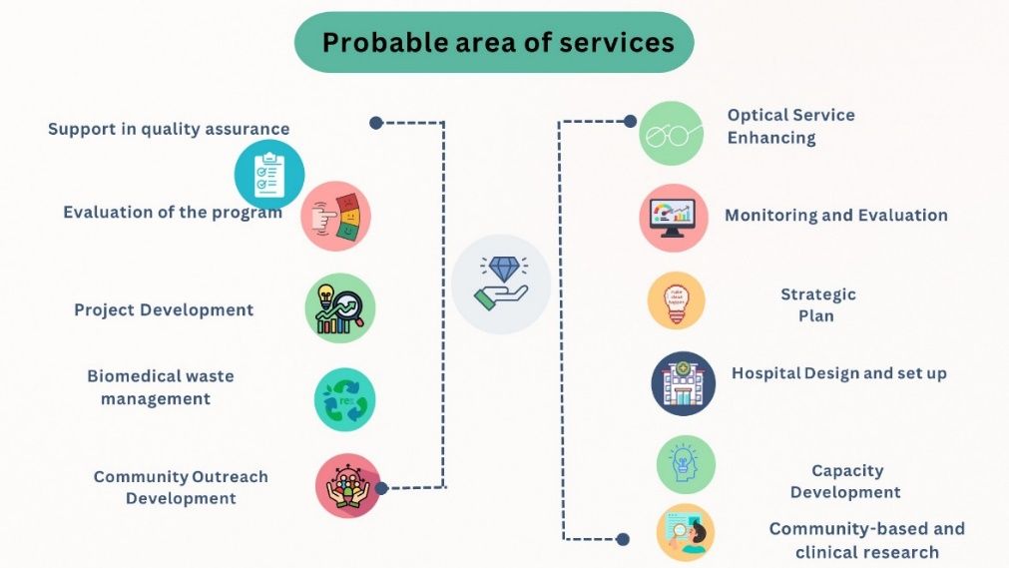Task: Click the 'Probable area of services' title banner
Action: pos(494,43)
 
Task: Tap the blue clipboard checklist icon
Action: pos(269,175)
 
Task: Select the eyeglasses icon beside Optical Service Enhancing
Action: pos(671,134)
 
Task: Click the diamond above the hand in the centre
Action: pos(504,269)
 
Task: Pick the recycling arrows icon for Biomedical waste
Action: pos(345,399)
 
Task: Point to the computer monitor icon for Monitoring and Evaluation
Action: pos(673,218)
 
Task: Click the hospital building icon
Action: pos(684,383)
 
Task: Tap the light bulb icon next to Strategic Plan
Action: pos(677,300)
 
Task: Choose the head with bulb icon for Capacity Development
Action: pos(686,464)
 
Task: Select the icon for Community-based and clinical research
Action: pos(686,533)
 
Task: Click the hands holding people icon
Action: pos(347,485)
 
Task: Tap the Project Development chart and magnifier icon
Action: pos(339,307)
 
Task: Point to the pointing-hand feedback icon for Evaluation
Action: pos(336,217)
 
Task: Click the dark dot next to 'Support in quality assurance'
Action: pos(376,123)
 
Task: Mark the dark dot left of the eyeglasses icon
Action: pos(630,121)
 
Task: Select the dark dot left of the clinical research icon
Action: pos(622,539)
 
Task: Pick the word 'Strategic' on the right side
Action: pos(818,294)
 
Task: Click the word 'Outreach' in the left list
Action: pos(230,477)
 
